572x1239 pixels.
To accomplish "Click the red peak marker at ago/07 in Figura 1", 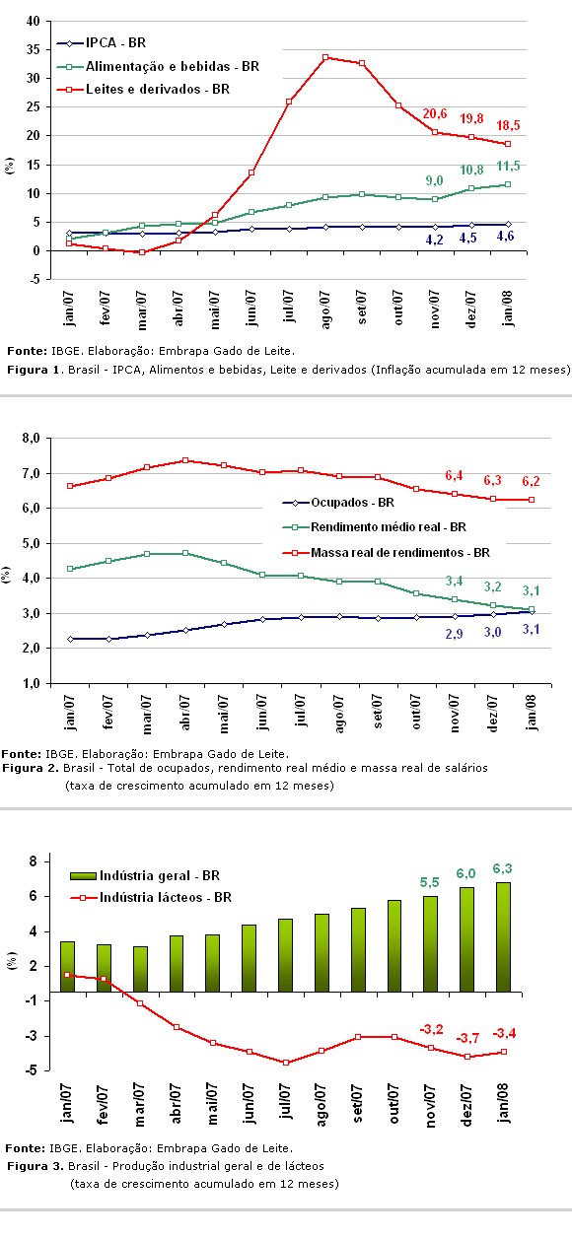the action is tap(325, 57).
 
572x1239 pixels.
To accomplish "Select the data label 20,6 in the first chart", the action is tap(435, 114).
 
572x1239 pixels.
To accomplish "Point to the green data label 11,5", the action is tap(508, 166).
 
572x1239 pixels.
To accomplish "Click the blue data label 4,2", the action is tap(434, 241).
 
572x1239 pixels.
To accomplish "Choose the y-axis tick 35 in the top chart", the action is tap(34, 50).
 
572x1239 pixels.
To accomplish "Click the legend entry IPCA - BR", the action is tap(102, 42).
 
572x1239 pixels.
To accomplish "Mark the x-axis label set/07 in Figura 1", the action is tap(362, 307).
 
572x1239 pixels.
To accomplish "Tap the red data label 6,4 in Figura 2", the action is tap(454, 476).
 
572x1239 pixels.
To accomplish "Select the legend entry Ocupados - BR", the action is tap(338, 503).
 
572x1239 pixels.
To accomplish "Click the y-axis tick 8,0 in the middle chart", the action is tap(31, 439).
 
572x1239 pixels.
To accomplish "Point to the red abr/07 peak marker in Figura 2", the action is tap(185, 460).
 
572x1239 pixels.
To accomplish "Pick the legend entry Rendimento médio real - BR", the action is tap(375, 527).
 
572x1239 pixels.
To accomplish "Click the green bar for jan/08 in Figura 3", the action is tap(503, 937).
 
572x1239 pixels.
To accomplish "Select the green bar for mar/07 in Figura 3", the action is tap(140, 969).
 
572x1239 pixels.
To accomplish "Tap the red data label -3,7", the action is tap(467, 1038).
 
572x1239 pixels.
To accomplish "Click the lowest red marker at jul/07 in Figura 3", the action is tap(286, 1063).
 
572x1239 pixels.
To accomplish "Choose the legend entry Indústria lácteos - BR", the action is tap(151, 897).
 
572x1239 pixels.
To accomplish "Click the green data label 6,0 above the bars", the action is tap(465, 873).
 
